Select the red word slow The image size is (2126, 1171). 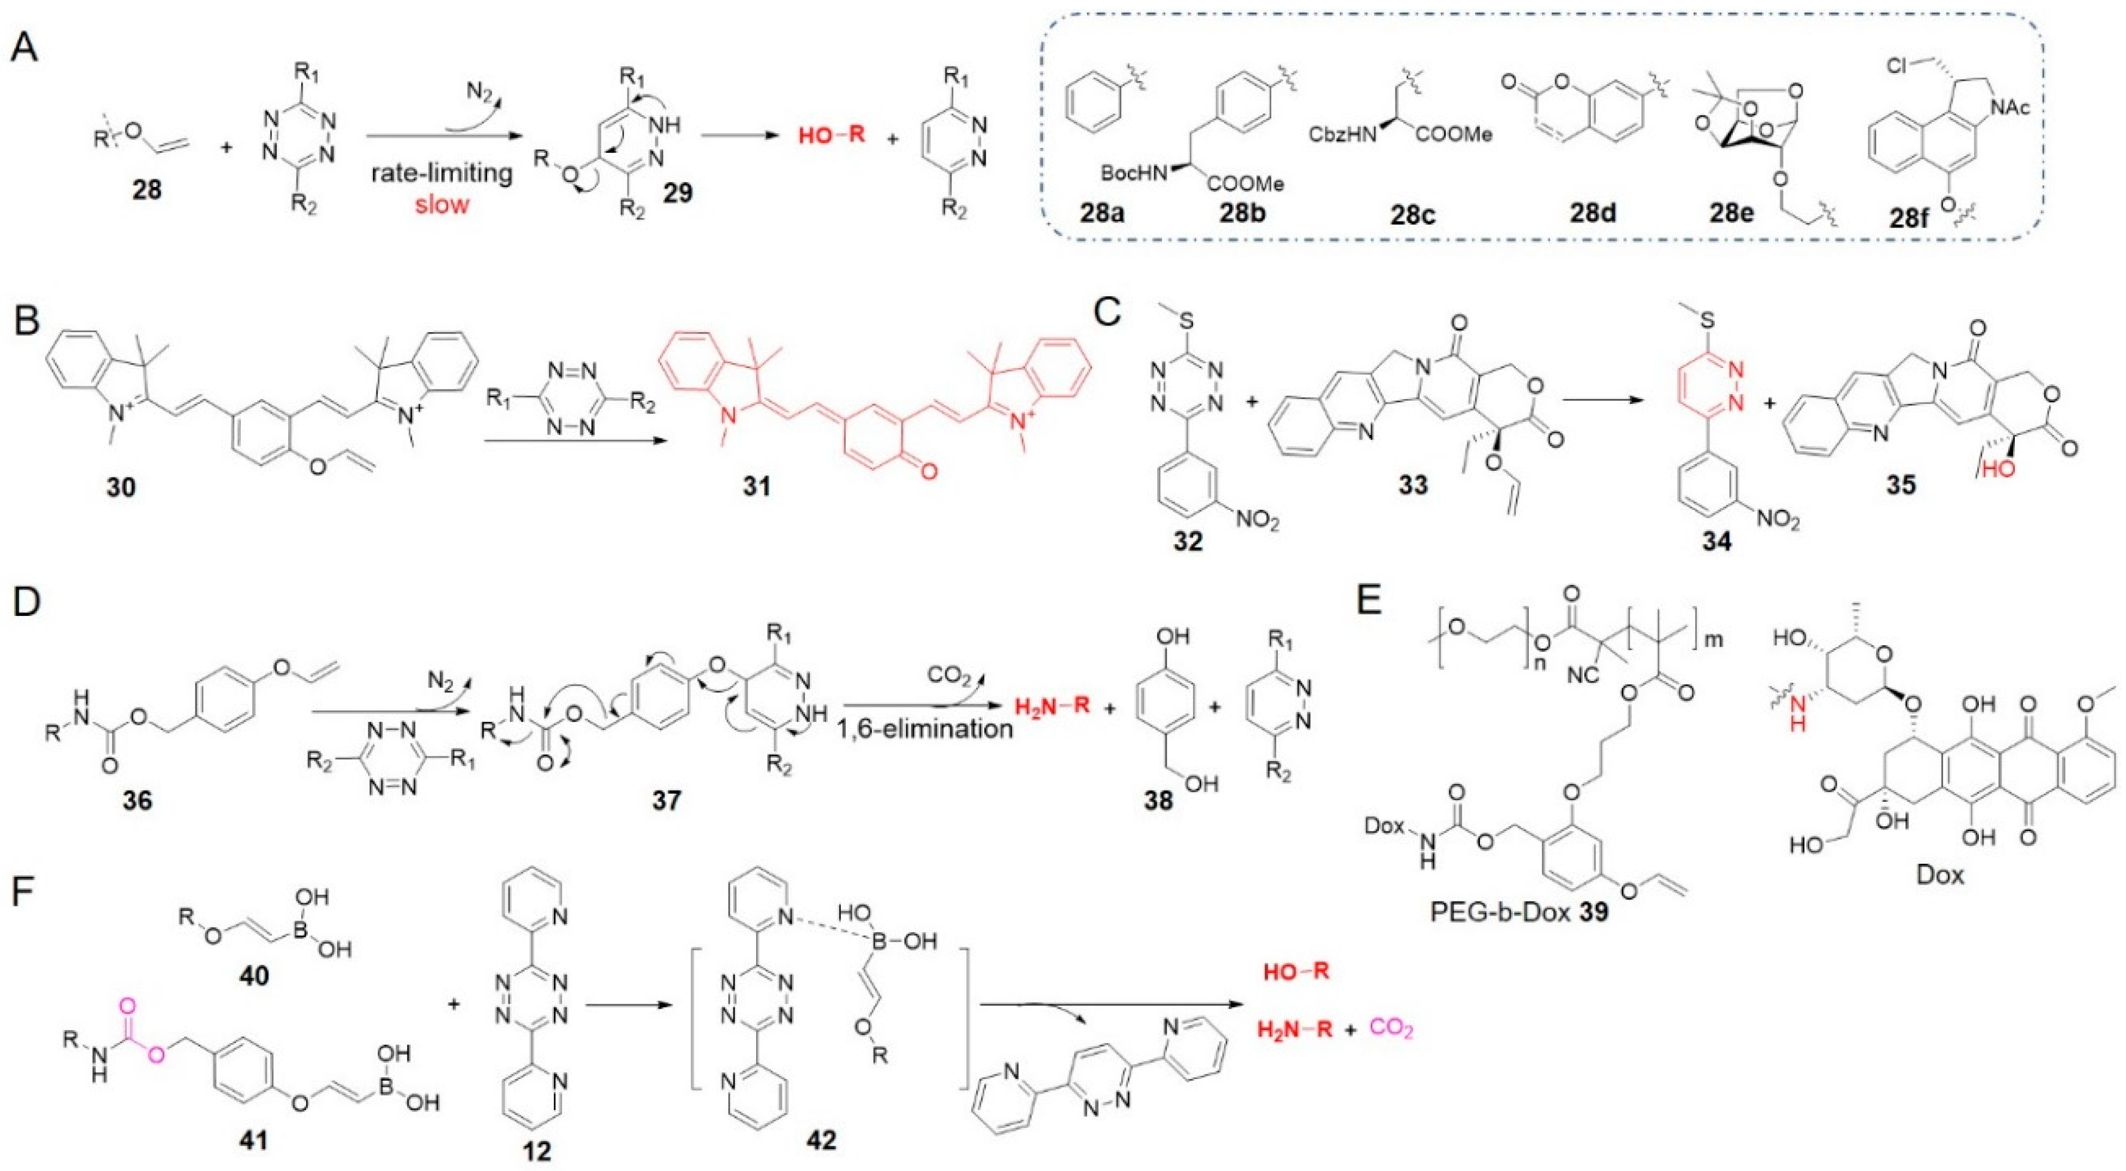(x=442, y=203)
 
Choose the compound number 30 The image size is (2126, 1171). (x=121, y=486)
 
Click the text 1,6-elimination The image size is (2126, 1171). (x=928, y=729)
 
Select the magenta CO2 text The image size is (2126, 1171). (x=1392, y=1028)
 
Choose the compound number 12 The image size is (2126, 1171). (x=537, y=1150)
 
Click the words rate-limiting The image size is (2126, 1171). (x=441, y=173)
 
